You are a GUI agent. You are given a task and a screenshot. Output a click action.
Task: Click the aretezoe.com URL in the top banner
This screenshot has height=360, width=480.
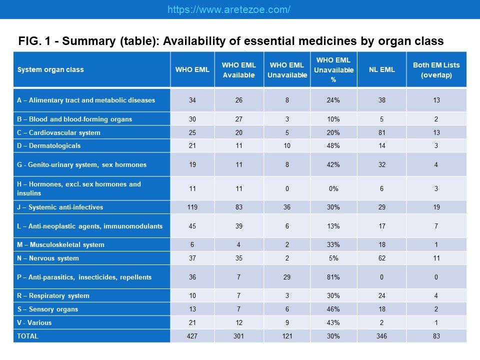(x=228, y=9)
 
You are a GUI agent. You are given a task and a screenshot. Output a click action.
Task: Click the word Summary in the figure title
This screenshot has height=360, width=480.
(x=88, y=41)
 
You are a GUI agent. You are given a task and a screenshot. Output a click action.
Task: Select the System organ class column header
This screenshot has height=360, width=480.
(x=50, y=69)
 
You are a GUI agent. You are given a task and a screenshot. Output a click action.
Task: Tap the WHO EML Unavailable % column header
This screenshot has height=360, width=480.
(x=333, y=70)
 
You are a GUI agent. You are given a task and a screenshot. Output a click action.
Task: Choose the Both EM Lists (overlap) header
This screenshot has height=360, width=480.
(x=436, y=70)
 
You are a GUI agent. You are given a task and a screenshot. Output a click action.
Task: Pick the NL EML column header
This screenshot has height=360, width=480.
(x=381, y=69)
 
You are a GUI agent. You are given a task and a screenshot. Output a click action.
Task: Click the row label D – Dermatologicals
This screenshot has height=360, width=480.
(x=48, y=145)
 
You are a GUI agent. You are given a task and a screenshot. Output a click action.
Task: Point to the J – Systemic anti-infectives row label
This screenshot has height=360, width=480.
(x=60, y=207)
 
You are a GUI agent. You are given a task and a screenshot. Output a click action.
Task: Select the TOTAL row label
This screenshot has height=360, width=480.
(x=27, y=336)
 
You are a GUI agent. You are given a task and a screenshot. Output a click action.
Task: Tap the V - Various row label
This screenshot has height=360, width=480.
(x=34, y=322)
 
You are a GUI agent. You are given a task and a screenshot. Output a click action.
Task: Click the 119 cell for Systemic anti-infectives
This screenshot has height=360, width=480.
(x=192, y=207)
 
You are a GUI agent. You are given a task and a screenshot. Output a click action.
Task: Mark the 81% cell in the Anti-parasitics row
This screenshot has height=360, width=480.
(x=333, y=277)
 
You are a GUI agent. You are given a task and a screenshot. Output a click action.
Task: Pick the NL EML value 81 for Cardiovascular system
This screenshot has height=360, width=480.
(x=381, y=132)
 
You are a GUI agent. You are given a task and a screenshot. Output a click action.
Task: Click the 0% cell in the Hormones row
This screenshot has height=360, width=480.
(x=333, y=188)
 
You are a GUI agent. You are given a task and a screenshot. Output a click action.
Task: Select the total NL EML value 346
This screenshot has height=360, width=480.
(x=381, y=336)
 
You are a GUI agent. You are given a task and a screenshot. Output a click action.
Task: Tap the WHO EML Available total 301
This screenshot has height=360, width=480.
(x=239, y=336)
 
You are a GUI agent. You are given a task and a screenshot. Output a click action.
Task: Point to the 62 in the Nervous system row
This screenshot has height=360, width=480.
(x=381, y=258)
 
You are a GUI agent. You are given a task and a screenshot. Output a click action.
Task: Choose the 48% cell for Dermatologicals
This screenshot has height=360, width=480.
(x=333, y=145)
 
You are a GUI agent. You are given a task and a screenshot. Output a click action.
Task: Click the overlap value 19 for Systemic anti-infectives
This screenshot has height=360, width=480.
(x=436, y=207)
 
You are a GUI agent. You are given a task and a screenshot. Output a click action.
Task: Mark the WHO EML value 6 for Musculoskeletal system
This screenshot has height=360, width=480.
(x=192, y=244)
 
